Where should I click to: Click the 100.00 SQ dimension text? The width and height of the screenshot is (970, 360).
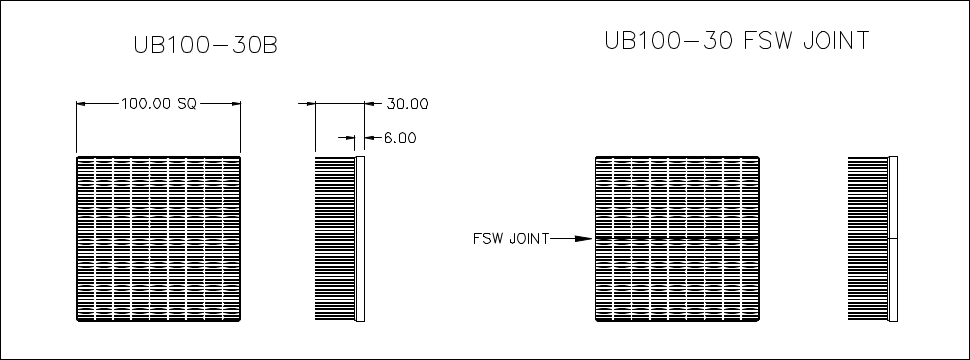pyautogui.click(x=158, y=102)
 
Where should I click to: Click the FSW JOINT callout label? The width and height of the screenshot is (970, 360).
pyautogui.click(x=509, y=238)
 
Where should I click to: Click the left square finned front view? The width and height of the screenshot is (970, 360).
pyautogui.click(x=158, y=239)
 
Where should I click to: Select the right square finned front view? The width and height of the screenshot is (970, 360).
pyautogui.click(x=678, y=239)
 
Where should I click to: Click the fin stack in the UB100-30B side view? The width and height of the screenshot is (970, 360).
pyautogui.click(x=336, y=239)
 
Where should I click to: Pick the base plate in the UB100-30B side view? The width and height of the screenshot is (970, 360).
pyautogui.click(x=362, y=239)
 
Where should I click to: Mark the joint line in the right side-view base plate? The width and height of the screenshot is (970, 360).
pyautogui.click(x=894, y=239)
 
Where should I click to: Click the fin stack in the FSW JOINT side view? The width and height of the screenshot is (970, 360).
pyautogui.click(x=868, y=239)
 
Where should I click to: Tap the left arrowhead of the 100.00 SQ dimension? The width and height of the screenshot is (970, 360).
pyautogui.click(x=82, y=103)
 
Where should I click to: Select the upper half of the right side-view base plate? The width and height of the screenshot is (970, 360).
pyautogui.click(x=894, y=198)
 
